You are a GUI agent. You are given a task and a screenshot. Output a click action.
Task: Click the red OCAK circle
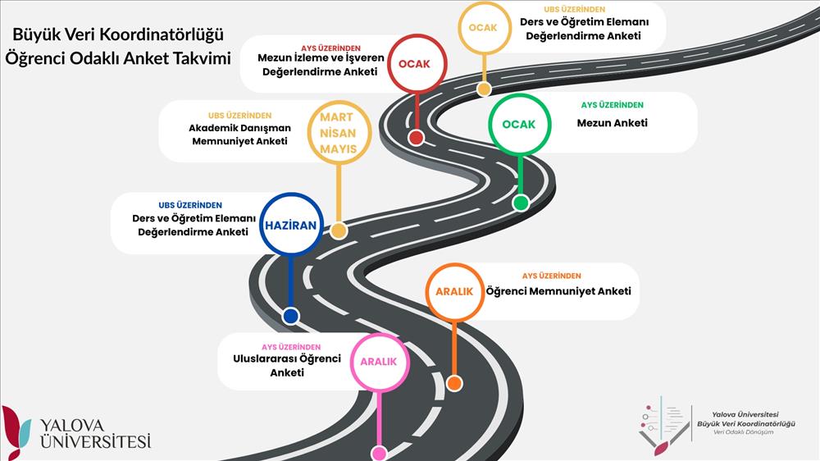point(417,64)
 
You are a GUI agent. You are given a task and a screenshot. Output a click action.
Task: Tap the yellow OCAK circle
point(483,28)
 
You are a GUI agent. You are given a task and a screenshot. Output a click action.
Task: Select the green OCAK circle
point(518,125)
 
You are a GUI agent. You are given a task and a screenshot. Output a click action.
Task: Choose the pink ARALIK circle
point(379,362)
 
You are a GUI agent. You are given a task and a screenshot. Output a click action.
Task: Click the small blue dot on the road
point(289,316)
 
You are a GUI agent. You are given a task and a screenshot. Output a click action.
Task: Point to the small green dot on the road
point(521,203)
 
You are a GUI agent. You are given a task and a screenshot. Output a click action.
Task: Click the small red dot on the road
point(416,137)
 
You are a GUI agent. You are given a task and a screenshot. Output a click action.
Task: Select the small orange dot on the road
point(455,383)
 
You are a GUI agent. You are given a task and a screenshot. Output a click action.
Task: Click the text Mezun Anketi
point(612,123)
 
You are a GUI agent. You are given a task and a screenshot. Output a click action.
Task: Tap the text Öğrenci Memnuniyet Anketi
point(558,291)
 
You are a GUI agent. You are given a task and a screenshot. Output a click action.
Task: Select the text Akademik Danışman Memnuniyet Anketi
point(239,135)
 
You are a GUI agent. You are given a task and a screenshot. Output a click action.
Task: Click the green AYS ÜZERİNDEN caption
point(612,105)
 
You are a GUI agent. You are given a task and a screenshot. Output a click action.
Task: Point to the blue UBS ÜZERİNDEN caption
point(190,205)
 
